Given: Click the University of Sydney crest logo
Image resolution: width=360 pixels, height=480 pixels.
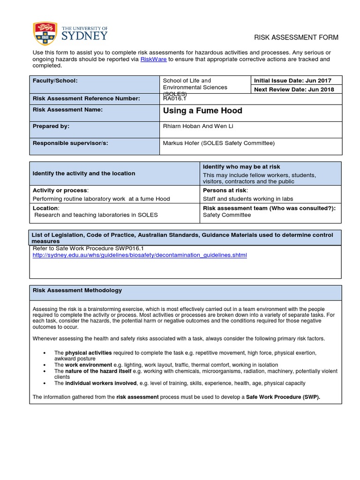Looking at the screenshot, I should (x=44, y=33).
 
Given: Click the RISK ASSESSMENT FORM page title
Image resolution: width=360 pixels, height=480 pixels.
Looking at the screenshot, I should (x=296, y=37).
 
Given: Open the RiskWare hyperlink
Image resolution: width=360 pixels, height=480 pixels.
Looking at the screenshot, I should (x=153, y=60).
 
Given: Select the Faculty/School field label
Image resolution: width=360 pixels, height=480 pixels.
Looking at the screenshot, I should (x=55, y=81).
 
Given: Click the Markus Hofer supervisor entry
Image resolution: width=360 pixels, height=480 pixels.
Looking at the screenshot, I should (x=218, y=143).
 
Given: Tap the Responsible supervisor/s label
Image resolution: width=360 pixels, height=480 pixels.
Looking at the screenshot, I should (x=70, y=143).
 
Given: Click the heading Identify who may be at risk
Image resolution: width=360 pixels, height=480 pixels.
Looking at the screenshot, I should (x=241, y=167).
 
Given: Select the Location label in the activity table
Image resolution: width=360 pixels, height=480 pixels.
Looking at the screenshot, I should (x=45, y=208).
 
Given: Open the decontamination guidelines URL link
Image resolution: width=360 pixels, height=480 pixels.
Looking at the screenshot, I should (x=140, y=255).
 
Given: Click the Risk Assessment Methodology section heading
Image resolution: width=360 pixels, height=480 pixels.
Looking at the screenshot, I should (x=77, y=290).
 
